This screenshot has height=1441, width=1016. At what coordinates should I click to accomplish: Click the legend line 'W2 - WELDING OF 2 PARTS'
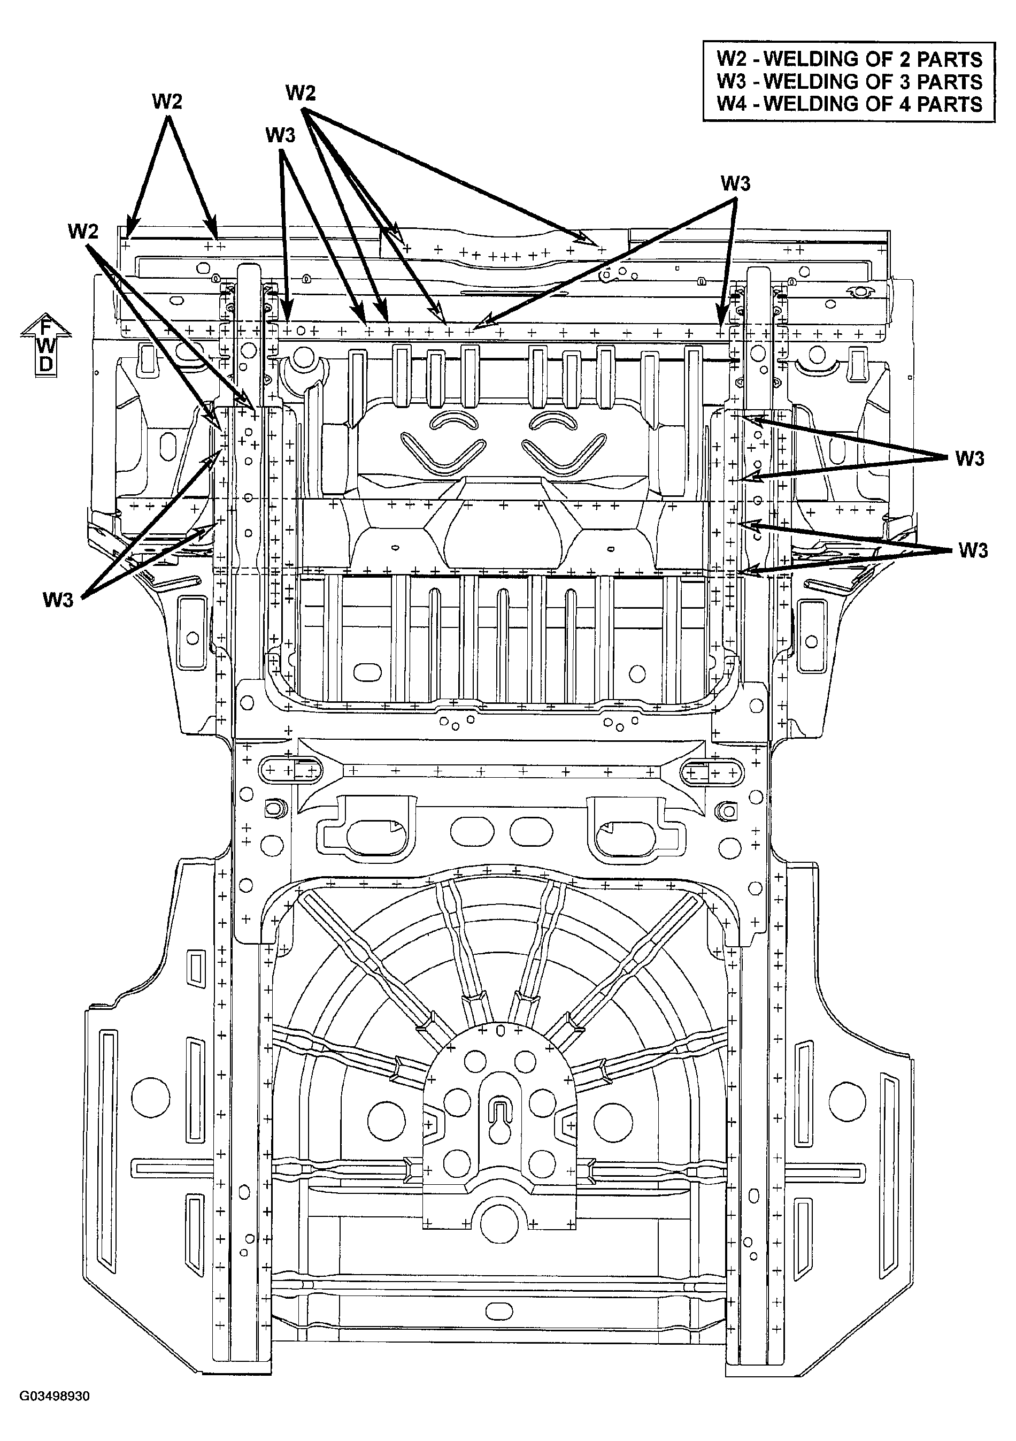[849, 59]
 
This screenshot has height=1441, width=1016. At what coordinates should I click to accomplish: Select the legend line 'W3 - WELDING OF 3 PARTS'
[849, 82]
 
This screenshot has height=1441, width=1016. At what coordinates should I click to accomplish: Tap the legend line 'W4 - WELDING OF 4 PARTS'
[849, 104]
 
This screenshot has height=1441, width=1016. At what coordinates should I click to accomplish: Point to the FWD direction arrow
[46, 344]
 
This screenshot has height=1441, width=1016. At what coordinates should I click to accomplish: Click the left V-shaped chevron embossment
[443, 453]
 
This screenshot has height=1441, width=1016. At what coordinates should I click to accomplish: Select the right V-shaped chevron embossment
[565, 453]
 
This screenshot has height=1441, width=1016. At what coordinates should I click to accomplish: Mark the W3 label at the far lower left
[58, 600]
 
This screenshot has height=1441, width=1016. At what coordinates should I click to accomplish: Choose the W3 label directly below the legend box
[735, 183]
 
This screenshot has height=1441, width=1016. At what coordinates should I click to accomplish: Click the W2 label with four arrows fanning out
[301, 93]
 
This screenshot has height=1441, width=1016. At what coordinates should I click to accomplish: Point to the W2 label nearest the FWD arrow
[83, 232]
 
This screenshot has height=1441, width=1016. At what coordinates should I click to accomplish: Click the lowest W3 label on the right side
[973, 551]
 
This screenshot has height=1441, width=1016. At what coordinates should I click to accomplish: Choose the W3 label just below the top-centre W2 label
[280, 134]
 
